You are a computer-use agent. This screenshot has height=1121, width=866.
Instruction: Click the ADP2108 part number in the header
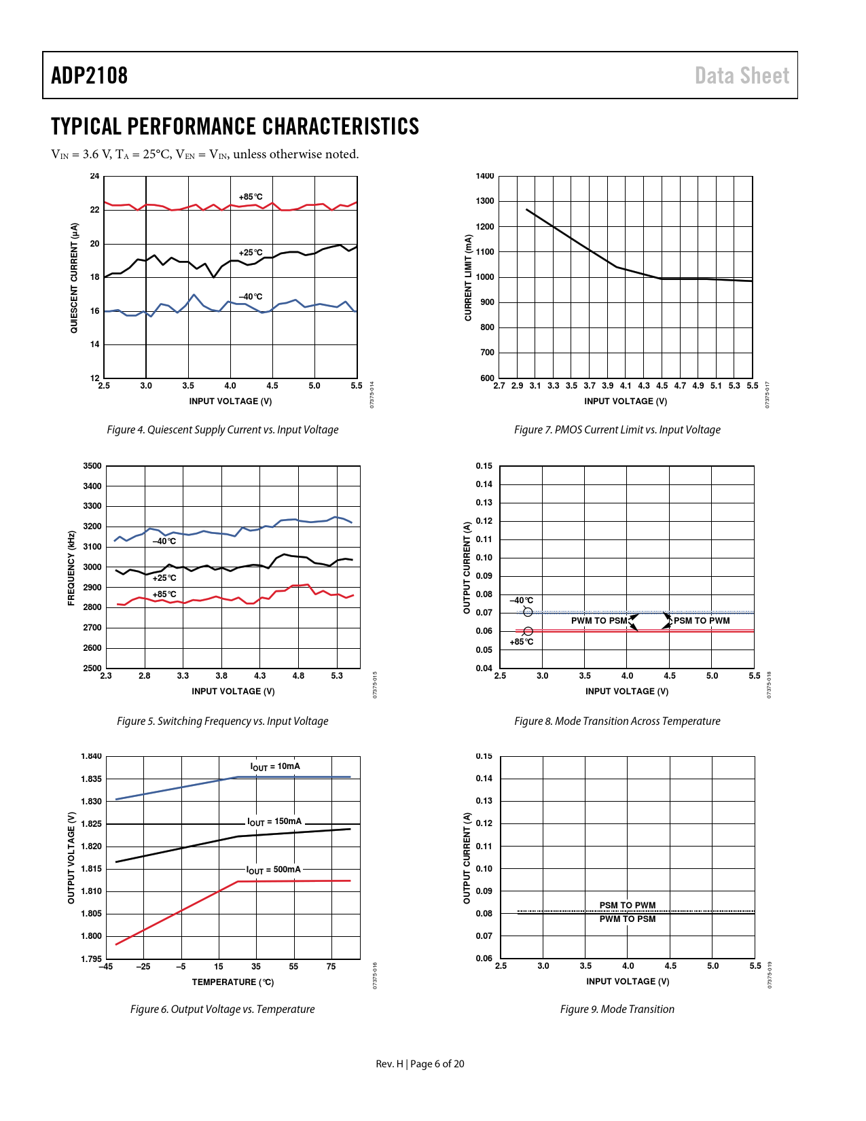pos(89,75)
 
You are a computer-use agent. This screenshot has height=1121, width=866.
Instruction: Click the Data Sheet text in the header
pos(742,75)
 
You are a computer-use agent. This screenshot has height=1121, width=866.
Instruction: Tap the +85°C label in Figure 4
pos(250,197)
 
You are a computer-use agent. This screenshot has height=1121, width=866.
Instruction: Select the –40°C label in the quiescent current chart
pos(250,297)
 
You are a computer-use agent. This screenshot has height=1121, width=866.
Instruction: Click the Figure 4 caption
pos(222,429)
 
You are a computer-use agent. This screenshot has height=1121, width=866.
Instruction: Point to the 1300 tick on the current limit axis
pos(485,201)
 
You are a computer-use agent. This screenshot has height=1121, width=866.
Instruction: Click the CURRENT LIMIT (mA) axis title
pos(468,277)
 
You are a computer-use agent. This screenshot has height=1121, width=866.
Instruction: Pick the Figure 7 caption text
pos(617,429)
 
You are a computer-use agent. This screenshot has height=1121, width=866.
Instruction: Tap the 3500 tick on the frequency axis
pos(92,466)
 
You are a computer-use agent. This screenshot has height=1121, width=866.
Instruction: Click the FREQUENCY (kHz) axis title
pos(71,568)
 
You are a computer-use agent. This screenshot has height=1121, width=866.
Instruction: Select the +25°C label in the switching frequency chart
pos(164,578)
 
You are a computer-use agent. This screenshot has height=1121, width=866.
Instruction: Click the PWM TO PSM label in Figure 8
pos(599,621)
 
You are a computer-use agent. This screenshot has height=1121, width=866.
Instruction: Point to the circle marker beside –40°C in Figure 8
pos(528,612)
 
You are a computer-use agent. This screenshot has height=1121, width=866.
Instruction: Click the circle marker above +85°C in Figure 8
pos(528,631)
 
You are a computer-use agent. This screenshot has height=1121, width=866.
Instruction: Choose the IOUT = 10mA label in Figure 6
pos(275,766)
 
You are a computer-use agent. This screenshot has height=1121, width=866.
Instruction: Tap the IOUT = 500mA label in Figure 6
pos(273,870)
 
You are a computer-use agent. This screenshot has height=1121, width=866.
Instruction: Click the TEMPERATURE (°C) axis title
pos(232,982)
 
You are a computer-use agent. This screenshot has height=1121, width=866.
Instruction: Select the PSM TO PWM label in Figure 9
pos(628,905)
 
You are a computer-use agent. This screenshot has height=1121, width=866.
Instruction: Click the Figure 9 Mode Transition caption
pos(617,1009)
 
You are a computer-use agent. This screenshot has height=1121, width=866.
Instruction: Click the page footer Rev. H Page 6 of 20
pos(420,1063)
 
